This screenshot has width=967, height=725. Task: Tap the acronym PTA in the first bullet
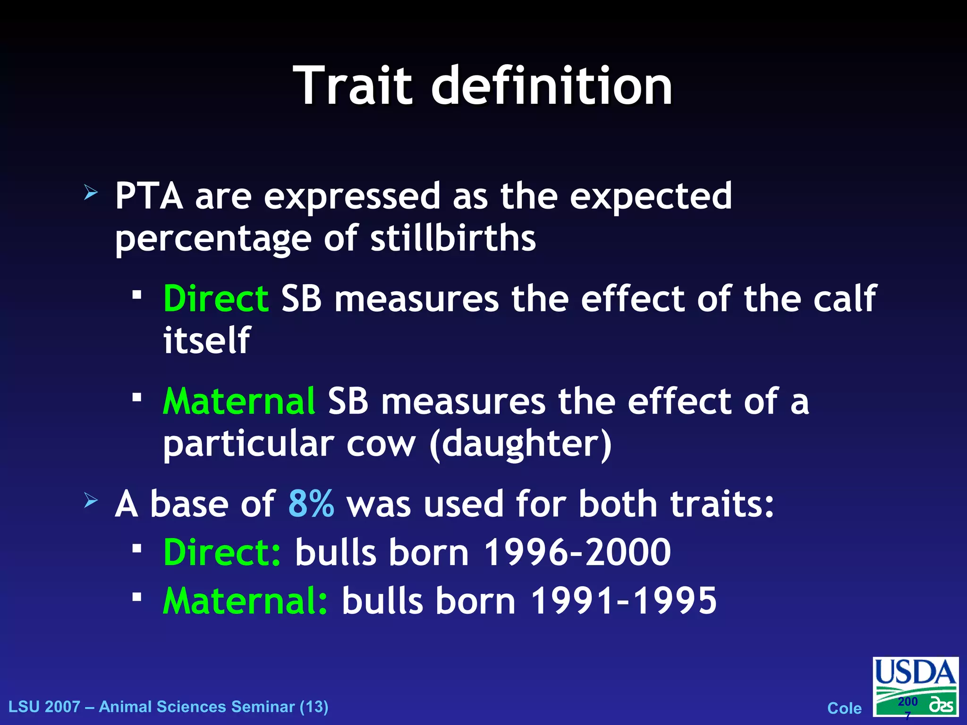[x=149, y=196]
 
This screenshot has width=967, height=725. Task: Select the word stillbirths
[x=453, y=238]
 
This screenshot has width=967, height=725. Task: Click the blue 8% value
[x=311, y=504]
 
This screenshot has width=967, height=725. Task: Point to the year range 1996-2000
[x=577, y=552]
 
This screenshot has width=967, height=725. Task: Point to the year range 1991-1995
[x=623, y=601]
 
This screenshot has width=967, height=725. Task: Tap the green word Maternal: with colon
[x=245, y=601]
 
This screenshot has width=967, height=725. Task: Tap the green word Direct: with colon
[x=222, y=552]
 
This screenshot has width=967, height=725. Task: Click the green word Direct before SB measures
[x=216, y=299]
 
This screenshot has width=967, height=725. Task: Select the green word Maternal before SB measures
[x=239, y=402]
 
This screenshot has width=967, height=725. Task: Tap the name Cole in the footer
[x=844, y=708]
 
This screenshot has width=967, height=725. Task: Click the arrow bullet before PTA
[x=91, y=193]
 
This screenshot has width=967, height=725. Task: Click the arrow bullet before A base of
[x=91, y=500]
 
